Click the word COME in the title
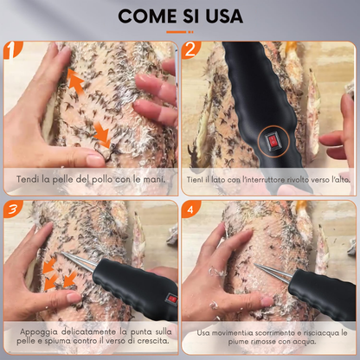tap(147, 16)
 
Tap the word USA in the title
tap(224, 16)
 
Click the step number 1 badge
tap(11, 49)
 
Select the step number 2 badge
tap(190, 49)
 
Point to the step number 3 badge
tap(12, 209)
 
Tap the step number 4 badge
tap(190, 209)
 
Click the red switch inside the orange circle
tap(273, 142)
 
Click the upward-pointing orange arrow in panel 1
tap(75, 80)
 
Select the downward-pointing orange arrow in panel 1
tap(102, 134)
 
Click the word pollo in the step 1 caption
tap(102, 180)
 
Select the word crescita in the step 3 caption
tap(153, 341)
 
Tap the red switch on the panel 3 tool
tap(172, 299)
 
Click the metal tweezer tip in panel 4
tap(255, 265)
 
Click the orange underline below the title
tap(180, 32)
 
